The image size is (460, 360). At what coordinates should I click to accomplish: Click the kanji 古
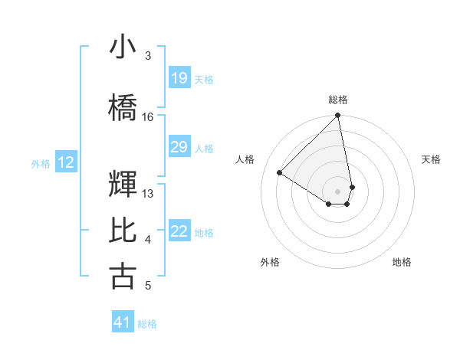pyautogui.click(x=123, y=277)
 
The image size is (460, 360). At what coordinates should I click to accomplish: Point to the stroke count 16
pyautogui.click(x=148, y=117)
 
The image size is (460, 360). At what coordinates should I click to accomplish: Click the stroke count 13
pyautogui.click(x=148, y=194)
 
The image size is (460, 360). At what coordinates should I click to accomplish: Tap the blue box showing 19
pyautogui.click(x=179, y=78)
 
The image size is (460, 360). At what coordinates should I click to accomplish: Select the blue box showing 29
pyautogui.click(x=179, y=147)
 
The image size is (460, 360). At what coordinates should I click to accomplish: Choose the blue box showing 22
pyautogui.click(x=179, y=231)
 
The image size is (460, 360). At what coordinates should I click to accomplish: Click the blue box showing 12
pyautogui.click(x=66, y=162)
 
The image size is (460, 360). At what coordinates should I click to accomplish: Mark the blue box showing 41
pyautogui.click(x=123, y=322)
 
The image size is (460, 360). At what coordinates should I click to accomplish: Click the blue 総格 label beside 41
pyautogui.click(x=147, y=324)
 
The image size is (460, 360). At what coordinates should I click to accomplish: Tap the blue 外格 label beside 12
pyautogui.click(x=41, y=163)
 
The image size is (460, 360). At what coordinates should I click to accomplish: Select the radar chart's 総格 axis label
pyautogui.click(x=338, y=100)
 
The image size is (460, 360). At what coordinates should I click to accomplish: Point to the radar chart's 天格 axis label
pyautogui.click(x=431, y=159)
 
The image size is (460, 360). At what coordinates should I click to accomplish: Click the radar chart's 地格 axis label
pyautogui.click(x=402, y=262)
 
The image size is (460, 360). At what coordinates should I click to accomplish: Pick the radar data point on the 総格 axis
pyautogui.click(x=338, y=116)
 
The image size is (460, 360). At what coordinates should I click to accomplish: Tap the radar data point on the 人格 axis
pyautogui.click(x=280, y=173)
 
